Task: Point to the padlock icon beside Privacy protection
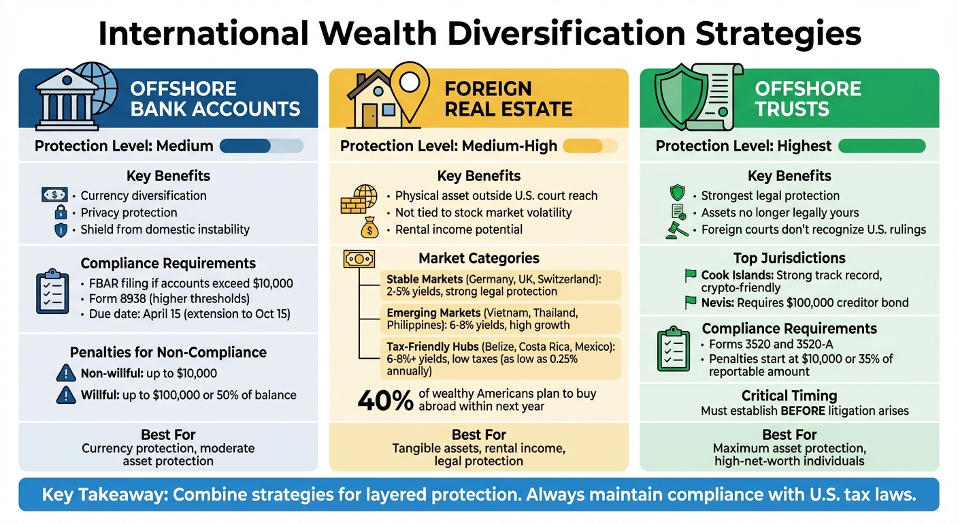[x=61, y=212]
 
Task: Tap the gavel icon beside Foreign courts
[x=677, y=229]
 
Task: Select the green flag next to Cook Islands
[x=691, y=276]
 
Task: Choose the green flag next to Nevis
[x=691, y=302]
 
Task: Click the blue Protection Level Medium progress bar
[x=261, y=146]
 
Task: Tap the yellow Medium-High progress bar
[x=590, y=146]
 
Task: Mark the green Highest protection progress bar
[x=882, y=146]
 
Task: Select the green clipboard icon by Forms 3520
[x=673, y=350]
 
